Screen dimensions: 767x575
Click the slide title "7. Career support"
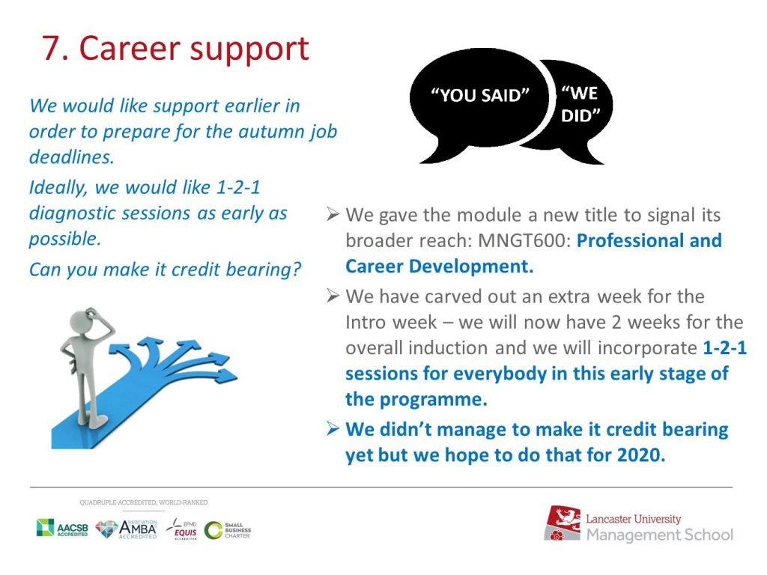coord(175,49)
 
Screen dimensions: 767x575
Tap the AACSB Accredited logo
coord(62,529)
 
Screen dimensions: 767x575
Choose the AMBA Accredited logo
coord(126,529)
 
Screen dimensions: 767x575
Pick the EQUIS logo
coord(182,529)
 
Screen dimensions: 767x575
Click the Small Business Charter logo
coord(228,530)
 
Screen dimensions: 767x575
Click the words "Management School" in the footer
coord(660,535)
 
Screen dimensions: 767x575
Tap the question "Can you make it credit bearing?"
coord(165,270)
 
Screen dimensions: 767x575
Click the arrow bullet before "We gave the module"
coord(333,214)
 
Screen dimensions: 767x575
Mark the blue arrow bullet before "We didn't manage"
coord(333,429)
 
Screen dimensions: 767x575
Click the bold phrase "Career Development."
coord(439,267)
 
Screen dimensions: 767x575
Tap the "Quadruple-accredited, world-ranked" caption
coord(144,502)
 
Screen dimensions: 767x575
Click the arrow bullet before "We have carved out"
coord(333,296)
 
